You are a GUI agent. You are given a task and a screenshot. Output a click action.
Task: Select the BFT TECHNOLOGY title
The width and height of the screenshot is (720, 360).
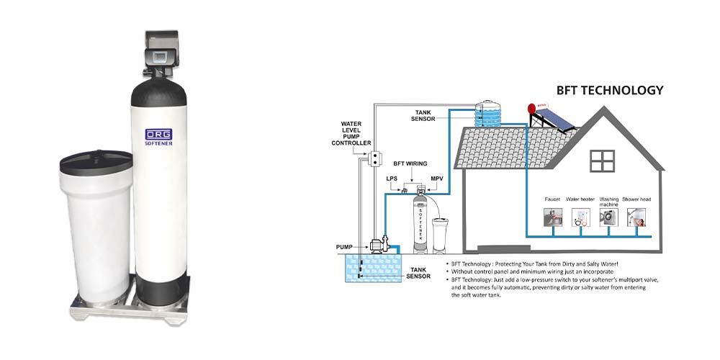coord(609,91)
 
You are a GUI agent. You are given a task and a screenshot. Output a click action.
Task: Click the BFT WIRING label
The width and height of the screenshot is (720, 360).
coord(411,163)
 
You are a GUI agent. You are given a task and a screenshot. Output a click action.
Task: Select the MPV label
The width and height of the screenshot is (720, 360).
coord(437,178)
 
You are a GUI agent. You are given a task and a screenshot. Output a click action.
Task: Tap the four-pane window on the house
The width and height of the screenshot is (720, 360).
coord(600,160)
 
